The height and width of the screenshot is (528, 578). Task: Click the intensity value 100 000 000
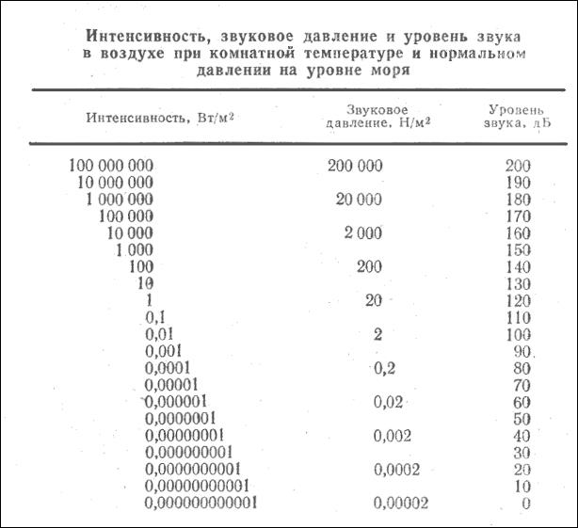click(110, 166)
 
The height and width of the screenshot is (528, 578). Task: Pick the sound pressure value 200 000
click(356, 166)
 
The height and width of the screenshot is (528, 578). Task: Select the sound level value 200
click(518, 167)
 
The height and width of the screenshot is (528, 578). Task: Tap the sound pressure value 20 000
click(360, 200)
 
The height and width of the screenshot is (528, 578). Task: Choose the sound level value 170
click(518, 216)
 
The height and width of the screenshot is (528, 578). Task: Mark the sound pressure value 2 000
click(362, 233)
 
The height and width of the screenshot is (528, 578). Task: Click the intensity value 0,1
click(157, 318)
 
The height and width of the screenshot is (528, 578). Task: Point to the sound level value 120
click(518, 301)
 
